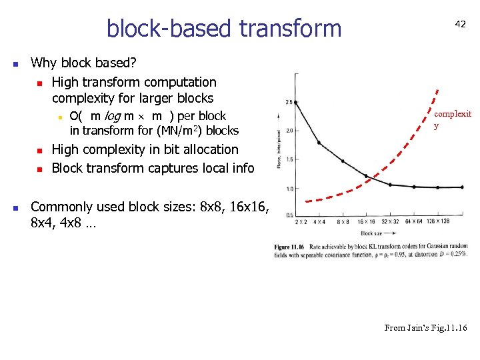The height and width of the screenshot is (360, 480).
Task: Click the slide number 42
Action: click(x=460, y=23)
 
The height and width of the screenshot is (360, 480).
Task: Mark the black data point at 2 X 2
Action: click(x=296, y=102)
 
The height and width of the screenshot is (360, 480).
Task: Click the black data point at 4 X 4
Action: click(x=319, y=142)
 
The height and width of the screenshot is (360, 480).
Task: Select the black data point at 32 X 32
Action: click(x=390, y=184)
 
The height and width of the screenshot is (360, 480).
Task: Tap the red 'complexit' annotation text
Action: click(x=453, y=114)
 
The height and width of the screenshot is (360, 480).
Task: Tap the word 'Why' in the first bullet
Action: click(x=44, y=63)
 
